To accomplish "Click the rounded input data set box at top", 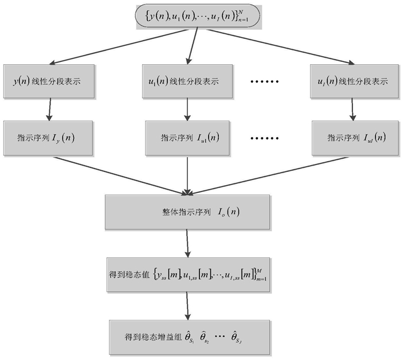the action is click(198, 16).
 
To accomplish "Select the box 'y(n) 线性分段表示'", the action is click(49, 81).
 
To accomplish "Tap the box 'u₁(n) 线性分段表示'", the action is click(187, 81).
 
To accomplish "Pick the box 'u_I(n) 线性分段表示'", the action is click(354, 81).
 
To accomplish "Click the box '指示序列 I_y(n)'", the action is click(48, 138).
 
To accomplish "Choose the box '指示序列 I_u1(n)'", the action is click(187, 138).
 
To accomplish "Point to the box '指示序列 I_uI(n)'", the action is click(355, 138).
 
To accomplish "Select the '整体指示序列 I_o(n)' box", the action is click(187, 212).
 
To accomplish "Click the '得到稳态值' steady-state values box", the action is click(189, 275).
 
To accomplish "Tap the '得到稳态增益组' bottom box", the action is click(189, 338).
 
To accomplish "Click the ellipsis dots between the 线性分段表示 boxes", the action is click(265, 82).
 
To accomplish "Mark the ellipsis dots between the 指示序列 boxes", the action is click(265, 138).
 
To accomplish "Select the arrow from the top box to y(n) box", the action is click(119, 46).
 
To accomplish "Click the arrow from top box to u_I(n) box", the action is click(281, 46).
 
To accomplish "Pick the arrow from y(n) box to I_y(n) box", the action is click(49, 109).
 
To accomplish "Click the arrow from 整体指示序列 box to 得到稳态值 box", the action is click(187, 243).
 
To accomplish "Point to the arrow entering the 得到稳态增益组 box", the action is click(187, 306).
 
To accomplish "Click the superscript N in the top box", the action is click(241, 12).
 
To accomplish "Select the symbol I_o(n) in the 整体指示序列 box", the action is click(229, 212).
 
